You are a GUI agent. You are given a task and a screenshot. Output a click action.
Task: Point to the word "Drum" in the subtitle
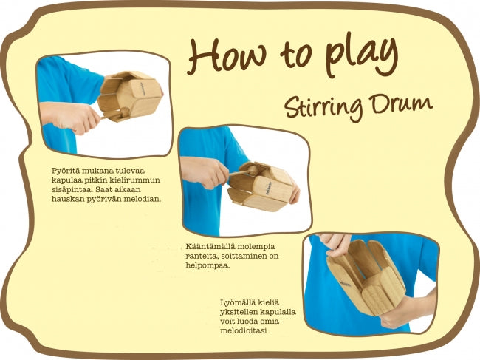pos(401,103)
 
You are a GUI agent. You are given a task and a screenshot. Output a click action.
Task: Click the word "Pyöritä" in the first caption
pos(65,171)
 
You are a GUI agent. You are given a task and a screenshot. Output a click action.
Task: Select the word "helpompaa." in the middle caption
pos(208,265)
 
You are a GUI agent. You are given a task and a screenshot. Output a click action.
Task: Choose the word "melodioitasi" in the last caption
pos(244,331)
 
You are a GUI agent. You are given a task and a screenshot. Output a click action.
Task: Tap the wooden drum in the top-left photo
pos(129,95)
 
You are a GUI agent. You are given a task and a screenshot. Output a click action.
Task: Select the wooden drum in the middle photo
pos(261,186)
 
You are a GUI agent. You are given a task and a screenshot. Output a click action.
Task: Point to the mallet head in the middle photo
pos(253,170)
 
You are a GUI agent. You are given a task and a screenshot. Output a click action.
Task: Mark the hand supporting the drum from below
pos(407,310)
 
